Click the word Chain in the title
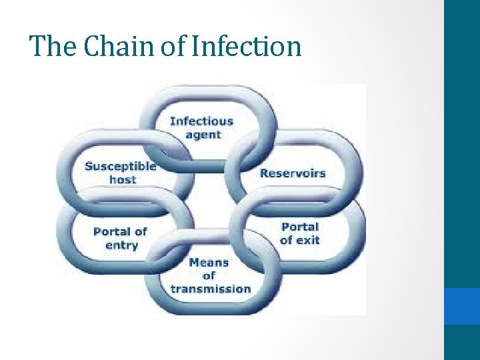pos(104,47)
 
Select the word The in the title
pos(48,47)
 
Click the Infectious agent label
pos(201,128)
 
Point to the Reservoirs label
pos(293,173)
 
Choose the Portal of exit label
pos(300,233)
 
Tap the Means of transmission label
pos(210,275)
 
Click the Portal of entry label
pos(121,238)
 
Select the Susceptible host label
pos(121,173)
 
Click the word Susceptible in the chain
pos(121,166)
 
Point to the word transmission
pos(210,289)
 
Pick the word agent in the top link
pos(201,135)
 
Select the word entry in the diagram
pos(121,245)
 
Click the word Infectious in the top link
pos(201,121)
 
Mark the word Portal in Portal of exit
pos(300,227)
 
